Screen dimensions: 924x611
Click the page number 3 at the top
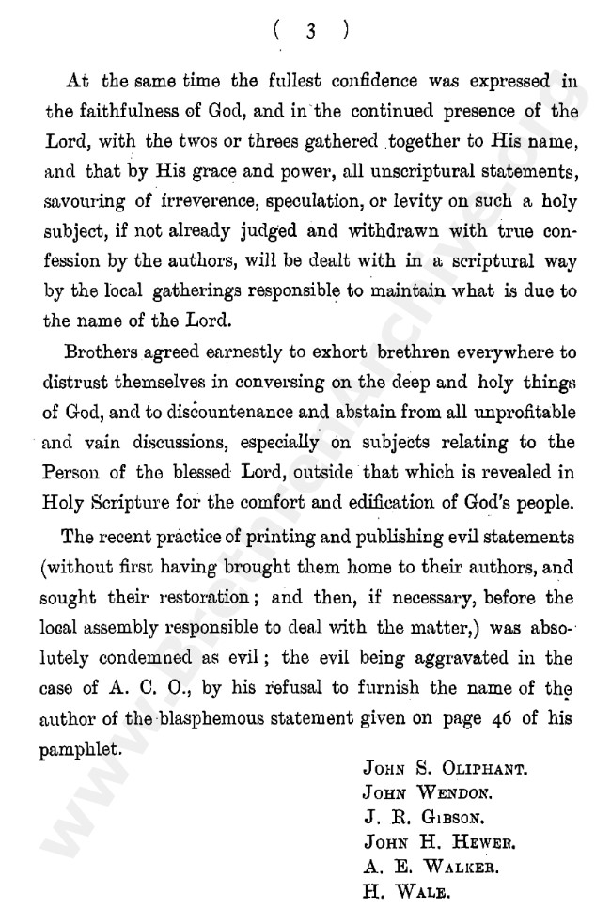309,30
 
